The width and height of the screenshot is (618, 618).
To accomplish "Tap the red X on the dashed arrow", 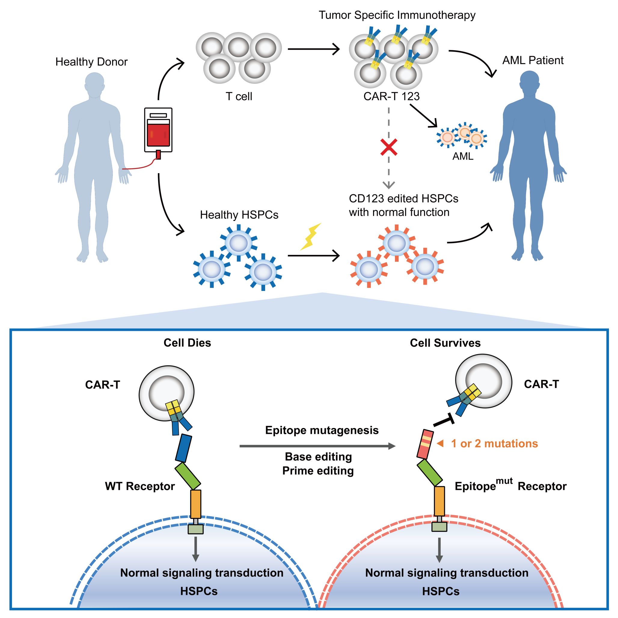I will click(389, 147).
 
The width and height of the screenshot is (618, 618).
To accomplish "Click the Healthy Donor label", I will click(91, 62).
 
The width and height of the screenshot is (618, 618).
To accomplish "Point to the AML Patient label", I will click(533, 60).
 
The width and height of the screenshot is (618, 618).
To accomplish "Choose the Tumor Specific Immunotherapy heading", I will click(397, 15).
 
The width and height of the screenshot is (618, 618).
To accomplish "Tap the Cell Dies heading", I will click(187, 343).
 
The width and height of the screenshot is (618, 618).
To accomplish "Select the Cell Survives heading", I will click(445, 343).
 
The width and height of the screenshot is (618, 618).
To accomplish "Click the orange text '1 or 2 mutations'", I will click(494, 444).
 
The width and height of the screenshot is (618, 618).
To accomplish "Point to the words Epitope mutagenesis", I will click(322, 430).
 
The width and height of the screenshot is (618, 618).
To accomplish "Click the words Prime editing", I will click(318, 471).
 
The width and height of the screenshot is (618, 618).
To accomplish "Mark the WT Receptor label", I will click(140, 486).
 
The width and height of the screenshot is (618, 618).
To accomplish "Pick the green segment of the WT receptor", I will click(188, 476).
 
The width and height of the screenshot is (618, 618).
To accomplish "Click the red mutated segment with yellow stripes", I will click(425, 444).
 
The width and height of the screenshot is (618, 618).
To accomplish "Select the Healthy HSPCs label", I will click(239, 215).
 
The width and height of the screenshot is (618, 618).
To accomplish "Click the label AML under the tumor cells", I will click(463, 156).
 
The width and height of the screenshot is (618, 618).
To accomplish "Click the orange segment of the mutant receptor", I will click(439, 501).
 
